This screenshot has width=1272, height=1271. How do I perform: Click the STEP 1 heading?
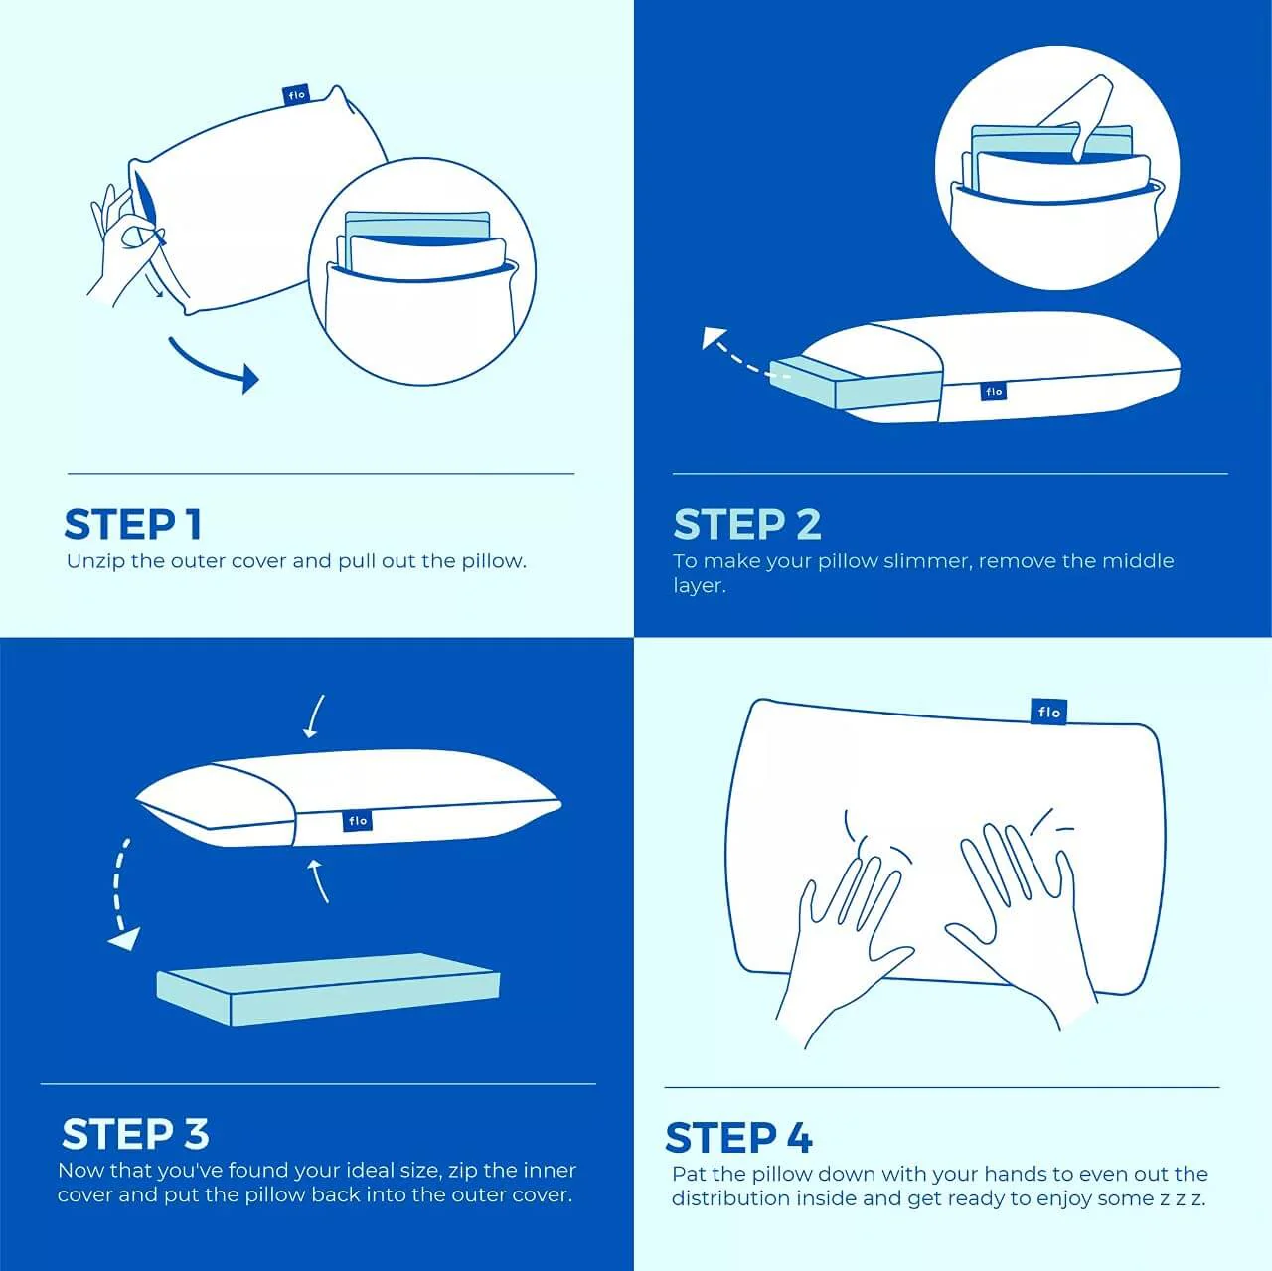[x=133, y=524]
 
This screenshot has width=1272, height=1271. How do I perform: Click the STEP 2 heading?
[x=747, y=524]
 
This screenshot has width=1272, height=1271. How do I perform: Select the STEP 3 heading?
[x=135, y=1134]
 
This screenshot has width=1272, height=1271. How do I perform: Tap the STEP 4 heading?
[x=738, y=1138]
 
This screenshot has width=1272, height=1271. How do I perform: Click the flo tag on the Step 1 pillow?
[x=296, y=95]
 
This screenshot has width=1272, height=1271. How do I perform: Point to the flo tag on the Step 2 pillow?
[x=994, y=392]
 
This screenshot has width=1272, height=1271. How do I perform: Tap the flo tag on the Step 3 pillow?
[x=358, y=821]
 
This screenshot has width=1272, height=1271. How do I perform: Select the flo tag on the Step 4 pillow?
[x=1048, y=712]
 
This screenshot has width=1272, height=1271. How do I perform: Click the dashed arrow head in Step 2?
[x=714, y=339]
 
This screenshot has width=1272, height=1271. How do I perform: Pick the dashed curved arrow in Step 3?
[x=120, y=894]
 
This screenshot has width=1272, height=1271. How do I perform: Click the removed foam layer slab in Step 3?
[x=328, y=989]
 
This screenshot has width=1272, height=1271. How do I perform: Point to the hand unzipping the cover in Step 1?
[x=124, y=238]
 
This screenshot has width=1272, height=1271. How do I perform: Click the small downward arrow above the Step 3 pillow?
[x=314, y=717]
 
